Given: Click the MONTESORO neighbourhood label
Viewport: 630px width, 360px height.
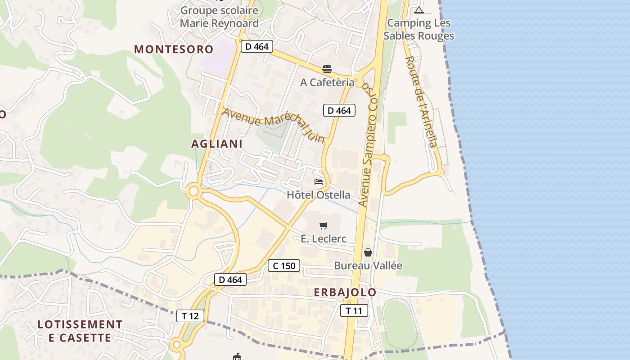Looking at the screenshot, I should tap(173, 49).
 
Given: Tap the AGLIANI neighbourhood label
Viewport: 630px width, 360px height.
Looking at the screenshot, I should tap(217, 144).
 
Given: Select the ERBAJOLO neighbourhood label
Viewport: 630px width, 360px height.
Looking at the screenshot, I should tap(345, 292).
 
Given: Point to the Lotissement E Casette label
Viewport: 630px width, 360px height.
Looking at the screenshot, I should tap(80, 331).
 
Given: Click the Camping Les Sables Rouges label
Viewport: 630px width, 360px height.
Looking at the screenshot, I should tap(418, 29).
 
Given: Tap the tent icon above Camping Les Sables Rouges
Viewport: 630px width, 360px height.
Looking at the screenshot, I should tap(419, 10).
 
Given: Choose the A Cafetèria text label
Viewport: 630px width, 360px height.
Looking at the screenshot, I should tap(327, 82).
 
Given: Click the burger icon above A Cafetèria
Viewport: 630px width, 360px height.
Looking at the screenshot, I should tap(327, 69).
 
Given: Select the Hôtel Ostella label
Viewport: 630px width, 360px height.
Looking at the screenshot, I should tap(319, 195).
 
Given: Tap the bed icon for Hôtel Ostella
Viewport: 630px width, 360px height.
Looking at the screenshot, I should tap(319, 182).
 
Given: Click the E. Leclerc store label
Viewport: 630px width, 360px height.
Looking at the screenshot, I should tap(323, 238).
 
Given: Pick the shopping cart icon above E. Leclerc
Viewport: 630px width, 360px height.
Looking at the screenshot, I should tap(323, 225).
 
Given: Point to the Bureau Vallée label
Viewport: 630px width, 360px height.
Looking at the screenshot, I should tap(368, 265).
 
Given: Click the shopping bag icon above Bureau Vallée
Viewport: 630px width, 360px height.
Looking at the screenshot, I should tap(368, 252).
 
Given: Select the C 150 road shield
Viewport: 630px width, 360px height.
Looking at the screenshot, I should tap(284, 266).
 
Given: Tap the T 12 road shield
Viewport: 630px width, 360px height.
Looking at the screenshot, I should tap(190, 316).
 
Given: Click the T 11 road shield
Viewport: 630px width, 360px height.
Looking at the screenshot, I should tap(354, 310).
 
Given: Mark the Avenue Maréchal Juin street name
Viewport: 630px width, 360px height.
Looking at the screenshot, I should tap(273, 123).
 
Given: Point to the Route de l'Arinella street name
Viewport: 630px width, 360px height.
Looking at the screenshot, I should tap(421, 101).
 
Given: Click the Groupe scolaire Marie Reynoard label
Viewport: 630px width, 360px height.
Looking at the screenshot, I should tap(219, 17).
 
